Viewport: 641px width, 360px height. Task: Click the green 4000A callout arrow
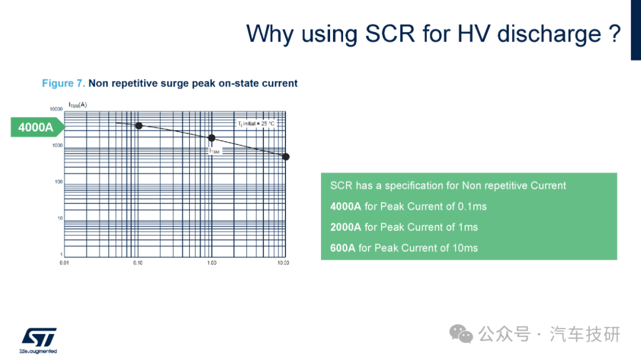tap(37, 127)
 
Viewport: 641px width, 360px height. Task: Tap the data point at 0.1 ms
tap(139, 126)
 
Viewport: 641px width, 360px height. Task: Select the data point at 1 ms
tap(211, 138)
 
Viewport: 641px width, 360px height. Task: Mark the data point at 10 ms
tap(285, 157)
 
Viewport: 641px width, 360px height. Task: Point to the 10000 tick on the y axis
tap(56, 109)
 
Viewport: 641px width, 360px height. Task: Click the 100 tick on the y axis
tap(58, 182)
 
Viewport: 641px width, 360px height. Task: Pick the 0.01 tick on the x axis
tap(64, 263)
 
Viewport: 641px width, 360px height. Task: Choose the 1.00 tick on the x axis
tap(211, 263)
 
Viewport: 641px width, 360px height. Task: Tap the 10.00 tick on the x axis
tap(283, 263)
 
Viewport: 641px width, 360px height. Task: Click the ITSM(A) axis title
tap(78, 105)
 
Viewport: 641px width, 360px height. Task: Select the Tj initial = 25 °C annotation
tap(256, 123)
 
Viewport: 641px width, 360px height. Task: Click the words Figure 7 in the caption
tap(64, 84)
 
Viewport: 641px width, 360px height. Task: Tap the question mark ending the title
tap(614, 33)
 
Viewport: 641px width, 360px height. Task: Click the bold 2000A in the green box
tap(345, 227)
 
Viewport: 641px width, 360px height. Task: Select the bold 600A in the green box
tap(342, 248)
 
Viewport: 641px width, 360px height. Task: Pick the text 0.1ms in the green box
tap(472, 206)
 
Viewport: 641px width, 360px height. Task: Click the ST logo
tap(39, 340)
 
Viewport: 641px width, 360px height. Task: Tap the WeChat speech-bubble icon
tap(461, 334)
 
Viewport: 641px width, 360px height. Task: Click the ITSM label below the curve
tap(214, 151)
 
